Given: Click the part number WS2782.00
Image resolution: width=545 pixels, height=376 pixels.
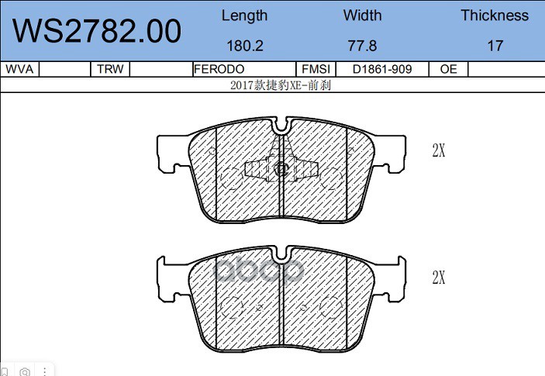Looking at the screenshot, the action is pos(97,31).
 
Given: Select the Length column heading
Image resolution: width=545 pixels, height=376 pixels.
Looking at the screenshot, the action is pos(245,16).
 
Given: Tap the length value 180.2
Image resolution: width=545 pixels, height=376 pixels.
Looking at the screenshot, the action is pos(245,46).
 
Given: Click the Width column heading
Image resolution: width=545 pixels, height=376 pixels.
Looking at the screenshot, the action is pos(362,16).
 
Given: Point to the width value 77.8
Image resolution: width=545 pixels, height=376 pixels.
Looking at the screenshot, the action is pos(362,46).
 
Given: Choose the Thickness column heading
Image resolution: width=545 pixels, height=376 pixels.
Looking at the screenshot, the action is pos(495,16).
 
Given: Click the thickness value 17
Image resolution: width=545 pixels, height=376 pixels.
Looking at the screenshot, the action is pos(495,46).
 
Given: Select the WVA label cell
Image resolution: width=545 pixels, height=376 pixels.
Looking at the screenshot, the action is pos(19,69).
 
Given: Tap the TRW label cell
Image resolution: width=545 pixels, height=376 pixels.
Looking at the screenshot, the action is pos(110,69).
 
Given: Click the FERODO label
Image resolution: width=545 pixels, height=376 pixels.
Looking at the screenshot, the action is pos(219,69).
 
